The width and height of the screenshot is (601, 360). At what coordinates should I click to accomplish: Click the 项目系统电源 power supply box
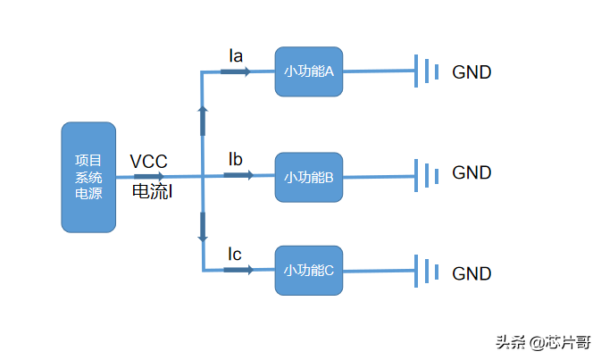[x=88, y=177]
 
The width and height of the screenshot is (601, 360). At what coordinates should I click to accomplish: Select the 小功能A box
[x=309, y=71]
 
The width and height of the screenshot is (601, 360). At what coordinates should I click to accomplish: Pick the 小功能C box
[x=309, y=270]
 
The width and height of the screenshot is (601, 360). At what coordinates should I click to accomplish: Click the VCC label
[x=148, y=162]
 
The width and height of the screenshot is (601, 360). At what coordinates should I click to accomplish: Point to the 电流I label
[x=151, y=191]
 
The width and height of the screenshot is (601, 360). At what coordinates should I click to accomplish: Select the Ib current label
[x=236, y=160]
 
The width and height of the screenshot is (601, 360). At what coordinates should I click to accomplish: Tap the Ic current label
[x=235, y=255]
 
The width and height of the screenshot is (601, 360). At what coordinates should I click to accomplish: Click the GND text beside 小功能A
[x=472, y=72]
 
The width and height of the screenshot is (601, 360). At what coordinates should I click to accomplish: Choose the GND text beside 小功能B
[x=472, y=172]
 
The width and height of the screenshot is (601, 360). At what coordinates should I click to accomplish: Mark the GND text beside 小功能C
[x=472, y=273]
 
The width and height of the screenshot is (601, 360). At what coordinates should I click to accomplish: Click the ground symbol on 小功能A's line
[x=427, y=71]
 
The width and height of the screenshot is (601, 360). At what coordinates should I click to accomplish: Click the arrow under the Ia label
[x=238, y=71]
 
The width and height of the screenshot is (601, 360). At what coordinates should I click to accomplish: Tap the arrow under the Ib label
[x=238, y=175]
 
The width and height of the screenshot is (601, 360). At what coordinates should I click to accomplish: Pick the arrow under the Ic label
[x=238, y=270]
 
